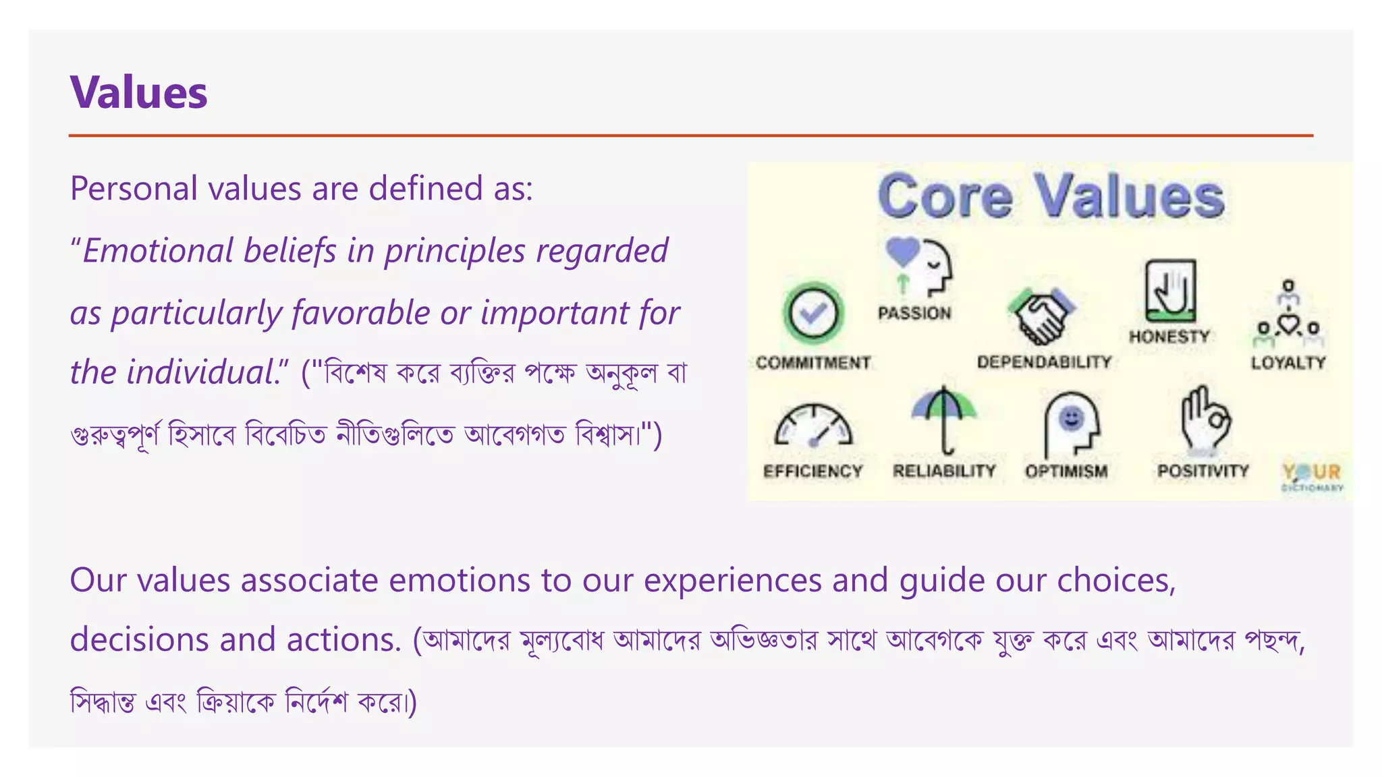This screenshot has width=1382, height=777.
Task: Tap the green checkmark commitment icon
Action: pos(813,313)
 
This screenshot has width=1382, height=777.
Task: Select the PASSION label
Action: pos(914,313)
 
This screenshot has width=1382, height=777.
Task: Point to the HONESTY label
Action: pos(1169,336)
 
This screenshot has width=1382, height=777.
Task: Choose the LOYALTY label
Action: pos(1288,363)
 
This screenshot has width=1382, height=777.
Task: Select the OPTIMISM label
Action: pos(1066,471)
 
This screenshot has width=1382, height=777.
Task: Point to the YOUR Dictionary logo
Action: pos(1312,476)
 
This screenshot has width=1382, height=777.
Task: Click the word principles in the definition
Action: pos(455,251)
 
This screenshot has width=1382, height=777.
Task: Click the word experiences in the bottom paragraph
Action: pos(731,580)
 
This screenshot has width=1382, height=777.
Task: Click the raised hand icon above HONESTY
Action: pos(1170,290)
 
